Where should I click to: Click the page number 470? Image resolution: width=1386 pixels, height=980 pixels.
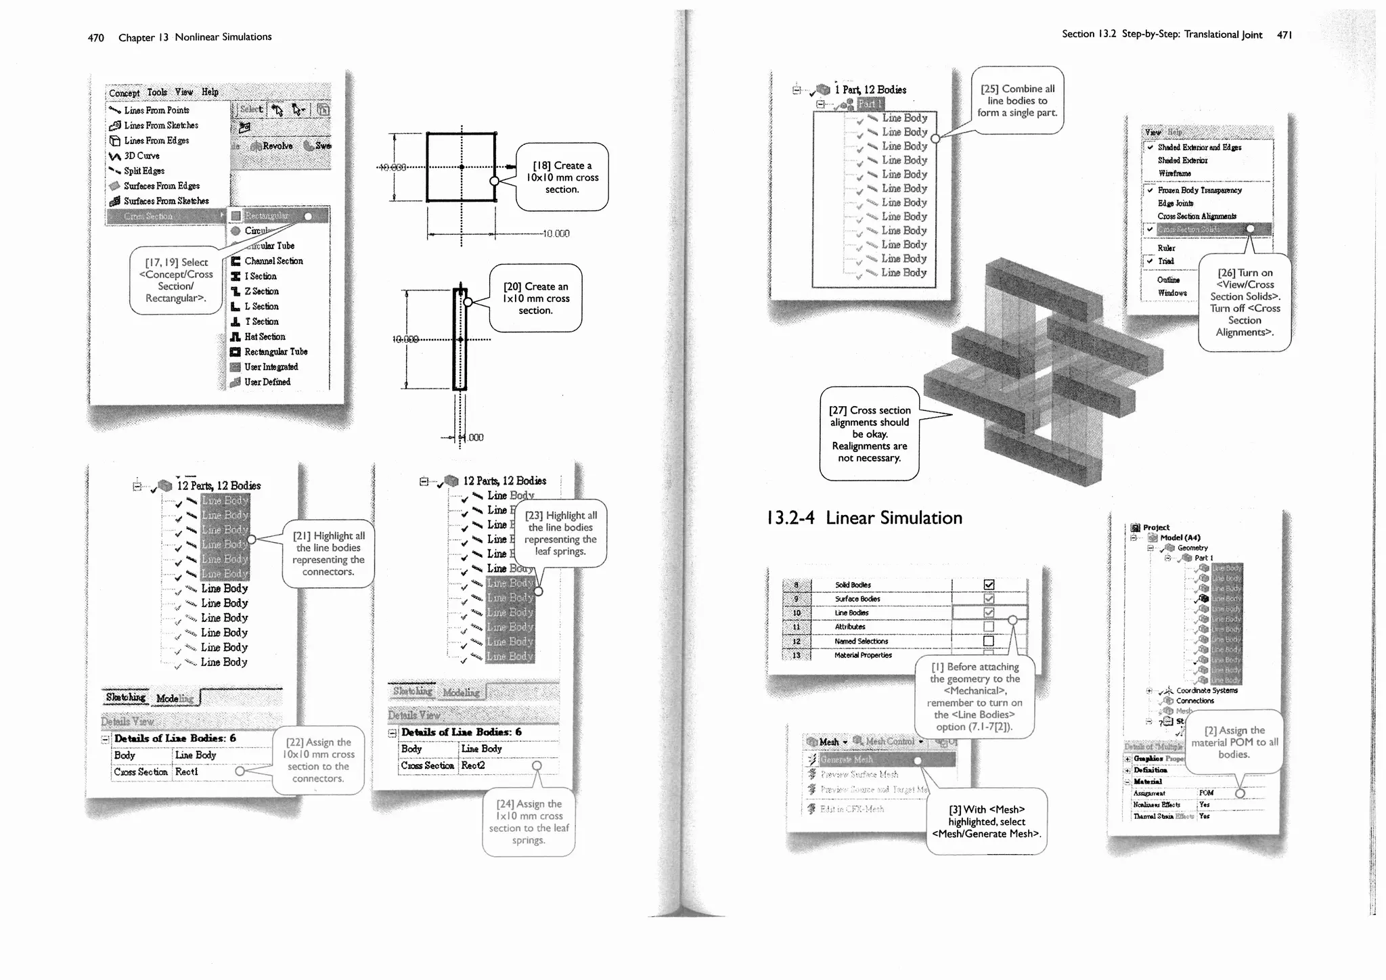click(95, 38)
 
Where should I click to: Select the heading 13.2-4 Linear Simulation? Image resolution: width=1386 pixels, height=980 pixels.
click(864, 518)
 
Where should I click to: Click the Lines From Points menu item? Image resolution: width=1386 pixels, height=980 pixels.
click(156, 110)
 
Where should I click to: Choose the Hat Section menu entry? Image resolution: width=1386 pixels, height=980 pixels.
click(265, 336)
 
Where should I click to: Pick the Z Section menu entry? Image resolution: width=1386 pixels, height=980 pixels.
click(261, 291)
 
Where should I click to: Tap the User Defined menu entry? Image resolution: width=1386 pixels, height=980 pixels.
click(267, 382)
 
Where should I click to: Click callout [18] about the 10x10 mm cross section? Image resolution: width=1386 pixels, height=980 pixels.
click(562, 177)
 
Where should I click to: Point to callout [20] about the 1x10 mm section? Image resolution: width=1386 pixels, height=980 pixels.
click(535, 298)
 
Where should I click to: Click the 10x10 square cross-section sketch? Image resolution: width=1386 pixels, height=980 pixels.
click(461, 167)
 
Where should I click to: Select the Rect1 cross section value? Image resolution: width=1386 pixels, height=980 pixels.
click(187, 772)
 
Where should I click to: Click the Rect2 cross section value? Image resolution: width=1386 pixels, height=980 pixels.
click(473, 765)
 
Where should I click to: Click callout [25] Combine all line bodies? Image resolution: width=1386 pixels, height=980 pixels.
click(1017, 100)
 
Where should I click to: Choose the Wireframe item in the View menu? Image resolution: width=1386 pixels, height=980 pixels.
click(1174, 173)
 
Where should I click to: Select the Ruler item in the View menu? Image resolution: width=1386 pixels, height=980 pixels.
click(1166, 248)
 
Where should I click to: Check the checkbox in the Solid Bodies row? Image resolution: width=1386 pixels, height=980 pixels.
click(989, 585)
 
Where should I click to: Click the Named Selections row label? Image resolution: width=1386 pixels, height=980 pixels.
click(861, 641)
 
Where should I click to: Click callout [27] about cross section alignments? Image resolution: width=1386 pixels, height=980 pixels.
click(870, 434)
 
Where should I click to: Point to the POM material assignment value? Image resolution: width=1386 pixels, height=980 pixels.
click(1206, 793)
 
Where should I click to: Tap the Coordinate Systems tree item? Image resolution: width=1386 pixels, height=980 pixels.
click(1207, 690)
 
